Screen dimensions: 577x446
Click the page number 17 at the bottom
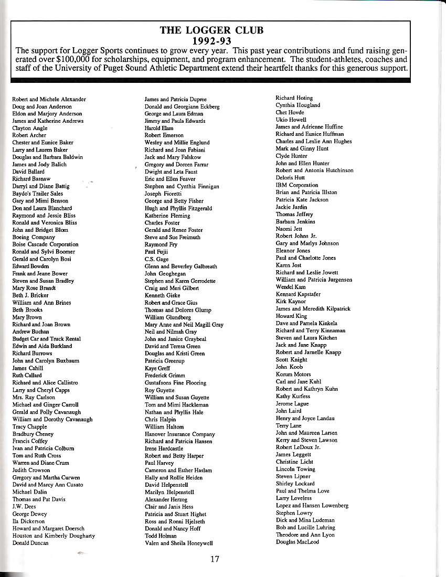[215, 559]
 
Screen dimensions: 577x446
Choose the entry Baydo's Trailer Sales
[37, 194]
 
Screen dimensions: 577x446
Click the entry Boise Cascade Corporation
[45, 244]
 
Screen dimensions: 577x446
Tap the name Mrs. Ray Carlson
[33, 397]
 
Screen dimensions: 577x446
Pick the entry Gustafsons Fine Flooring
[175, 383]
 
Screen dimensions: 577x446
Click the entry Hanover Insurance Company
[179, 434]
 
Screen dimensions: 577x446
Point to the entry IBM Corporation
[297, 185]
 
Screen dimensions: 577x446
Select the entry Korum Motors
[293, 375]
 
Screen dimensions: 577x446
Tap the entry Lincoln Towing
[295, 469]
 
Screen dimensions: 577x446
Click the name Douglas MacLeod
[297, 542]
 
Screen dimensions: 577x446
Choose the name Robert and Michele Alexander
[49, 99]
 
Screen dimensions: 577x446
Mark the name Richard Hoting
[294, 98]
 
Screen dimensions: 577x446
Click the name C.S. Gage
[156, 259]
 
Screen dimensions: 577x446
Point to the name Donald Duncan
[30, 543]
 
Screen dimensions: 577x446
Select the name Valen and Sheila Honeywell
[178, 543]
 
